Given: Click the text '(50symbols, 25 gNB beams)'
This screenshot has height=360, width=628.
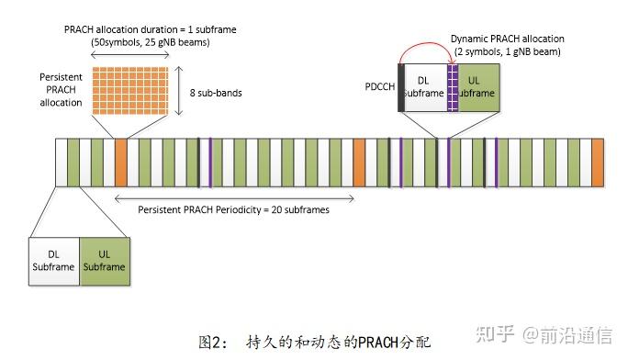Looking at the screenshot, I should [x=138, y=43].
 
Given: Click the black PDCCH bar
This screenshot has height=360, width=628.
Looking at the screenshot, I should [x=400, y=87].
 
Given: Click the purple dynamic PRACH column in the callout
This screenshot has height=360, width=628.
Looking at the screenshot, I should [x=452, y=87].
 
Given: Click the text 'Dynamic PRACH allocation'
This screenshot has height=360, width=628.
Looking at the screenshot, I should [x=507, y=39].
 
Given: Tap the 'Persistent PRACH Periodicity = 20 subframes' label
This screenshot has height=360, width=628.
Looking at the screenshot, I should [x=233, y=209].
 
